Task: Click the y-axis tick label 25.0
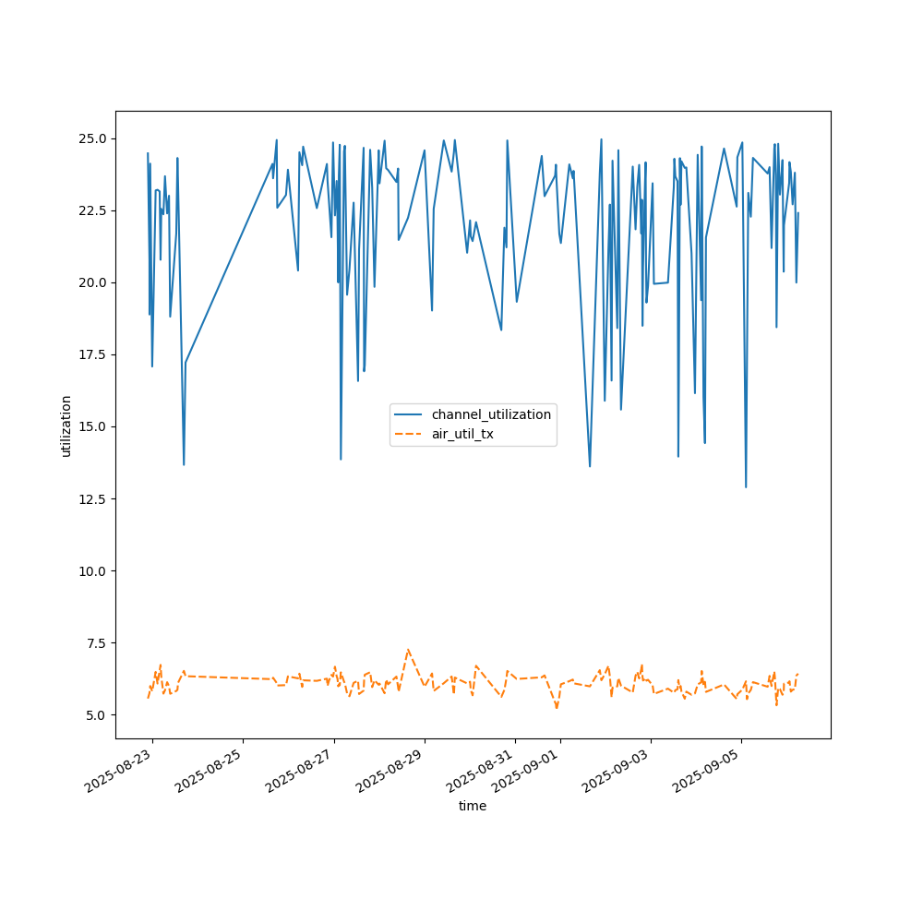(x=92, y=138)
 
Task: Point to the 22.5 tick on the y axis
(x=92, y=210)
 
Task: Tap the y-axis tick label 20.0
(x=92, y=282)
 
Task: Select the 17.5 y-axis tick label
(x=92, y=354)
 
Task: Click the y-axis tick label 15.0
(x=92, y=426)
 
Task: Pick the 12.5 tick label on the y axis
(x=92, y=498)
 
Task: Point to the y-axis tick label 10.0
(x=92, y=570)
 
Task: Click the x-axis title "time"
(x=473, y=806)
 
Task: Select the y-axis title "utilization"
(x=66, y=426)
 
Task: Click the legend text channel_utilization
(x=491, y=414)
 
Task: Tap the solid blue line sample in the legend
(x=408, y=414)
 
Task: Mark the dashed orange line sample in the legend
(x=408, y=434)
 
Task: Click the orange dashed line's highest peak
(x=408, y=649)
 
